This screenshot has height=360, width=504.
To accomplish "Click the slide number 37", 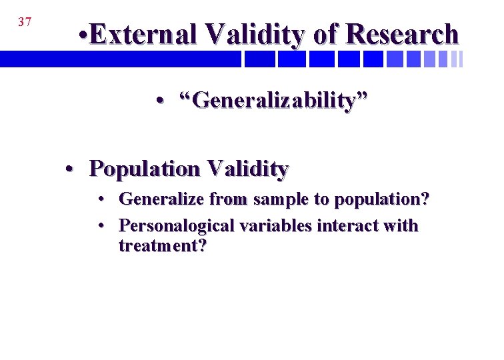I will (25, 22).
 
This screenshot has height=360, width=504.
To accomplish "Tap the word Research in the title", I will (404, 34).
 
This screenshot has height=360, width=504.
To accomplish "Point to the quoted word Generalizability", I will (272, 101).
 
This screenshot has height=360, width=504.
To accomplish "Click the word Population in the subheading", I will (145, 169).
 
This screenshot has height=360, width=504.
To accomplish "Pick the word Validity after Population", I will (247, 169).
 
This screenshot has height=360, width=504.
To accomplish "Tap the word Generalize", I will (162, 199).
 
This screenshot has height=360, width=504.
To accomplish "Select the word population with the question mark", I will (382, 199).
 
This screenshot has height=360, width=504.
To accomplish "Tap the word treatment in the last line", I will (163, 246).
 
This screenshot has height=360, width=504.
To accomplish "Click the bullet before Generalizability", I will (160, 101).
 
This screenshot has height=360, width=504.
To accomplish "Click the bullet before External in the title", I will (81, 34).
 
